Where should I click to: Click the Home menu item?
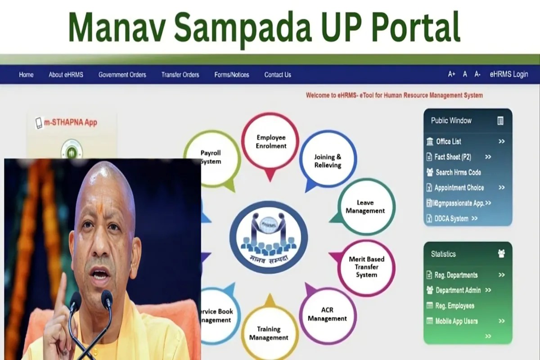coord(26,75)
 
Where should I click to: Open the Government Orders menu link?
coord(122,75)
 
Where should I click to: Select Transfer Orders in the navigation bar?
coord(180,75)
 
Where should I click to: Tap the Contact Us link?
coord(278,75)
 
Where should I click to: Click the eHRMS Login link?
coord(508,74)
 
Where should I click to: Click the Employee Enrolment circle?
coord(270,142)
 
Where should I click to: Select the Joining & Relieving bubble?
coord(328,161)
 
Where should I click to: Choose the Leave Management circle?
coord(365,207)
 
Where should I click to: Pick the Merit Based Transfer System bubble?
coord(366,267)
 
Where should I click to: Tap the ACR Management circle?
coord(328,315)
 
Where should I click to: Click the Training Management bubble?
coord(269,333)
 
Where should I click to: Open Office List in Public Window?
coord(448,141)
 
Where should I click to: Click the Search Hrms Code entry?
coord(458,172)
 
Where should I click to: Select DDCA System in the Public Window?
coord(451,219)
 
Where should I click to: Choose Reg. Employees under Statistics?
coord(454,306)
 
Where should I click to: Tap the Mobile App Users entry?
coord(456,321)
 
